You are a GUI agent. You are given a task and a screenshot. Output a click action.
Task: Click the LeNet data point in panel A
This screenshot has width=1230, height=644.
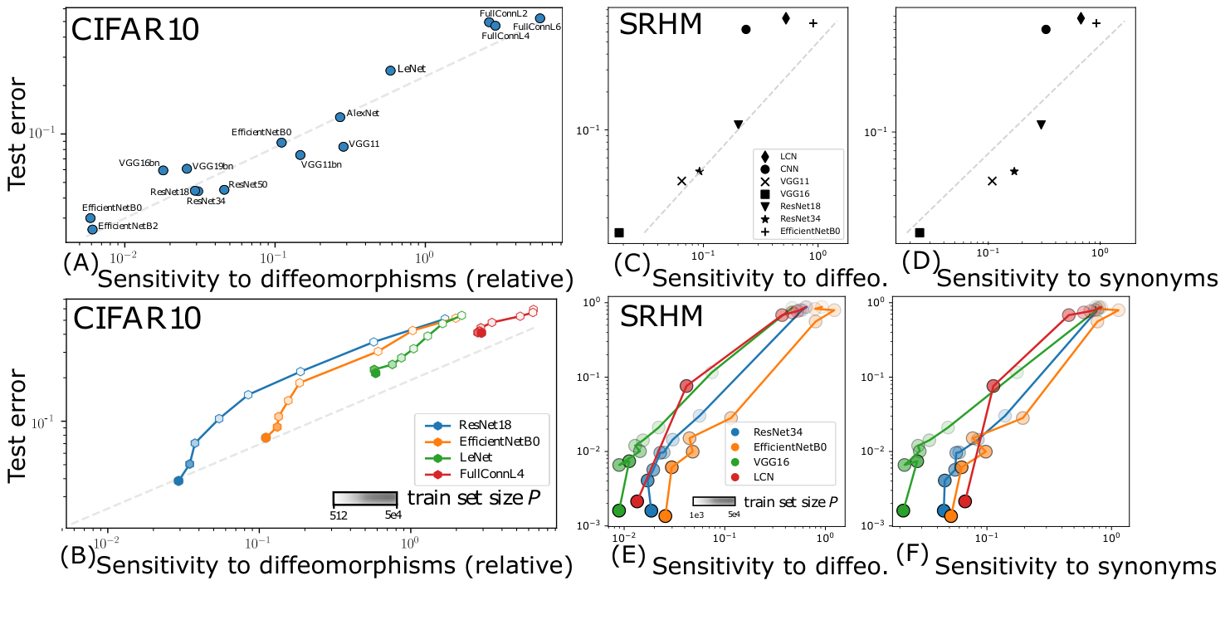(x=390, y=71)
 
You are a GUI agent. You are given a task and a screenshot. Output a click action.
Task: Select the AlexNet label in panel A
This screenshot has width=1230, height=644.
(x=363, y=113)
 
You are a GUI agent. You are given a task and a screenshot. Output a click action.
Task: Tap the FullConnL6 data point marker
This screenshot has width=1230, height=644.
(x=539, y=18)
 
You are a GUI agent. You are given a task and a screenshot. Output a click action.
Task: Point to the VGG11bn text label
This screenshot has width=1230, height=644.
(x=321, y=164)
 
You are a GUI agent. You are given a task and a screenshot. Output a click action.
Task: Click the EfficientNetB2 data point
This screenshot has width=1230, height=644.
(x=92, y=229)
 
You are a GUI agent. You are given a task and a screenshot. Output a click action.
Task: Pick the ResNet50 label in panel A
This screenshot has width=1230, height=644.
(x=247, y=184)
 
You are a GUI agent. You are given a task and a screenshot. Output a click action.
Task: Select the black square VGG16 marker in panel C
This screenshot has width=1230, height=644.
(x=619, y=232)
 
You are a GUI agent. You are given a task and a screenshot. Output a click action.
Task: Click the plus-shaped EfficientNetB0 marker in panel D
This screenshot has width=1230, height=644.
(x=1096, y=23)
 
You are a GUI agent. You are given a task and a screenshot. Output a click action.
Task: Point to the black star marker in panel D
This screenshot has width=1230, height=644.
(x=1014, y=171)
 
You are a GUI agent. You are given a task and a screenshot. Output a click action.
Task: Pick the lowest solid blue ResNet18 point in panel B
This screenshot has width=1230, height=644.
(x=178, y=481)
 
